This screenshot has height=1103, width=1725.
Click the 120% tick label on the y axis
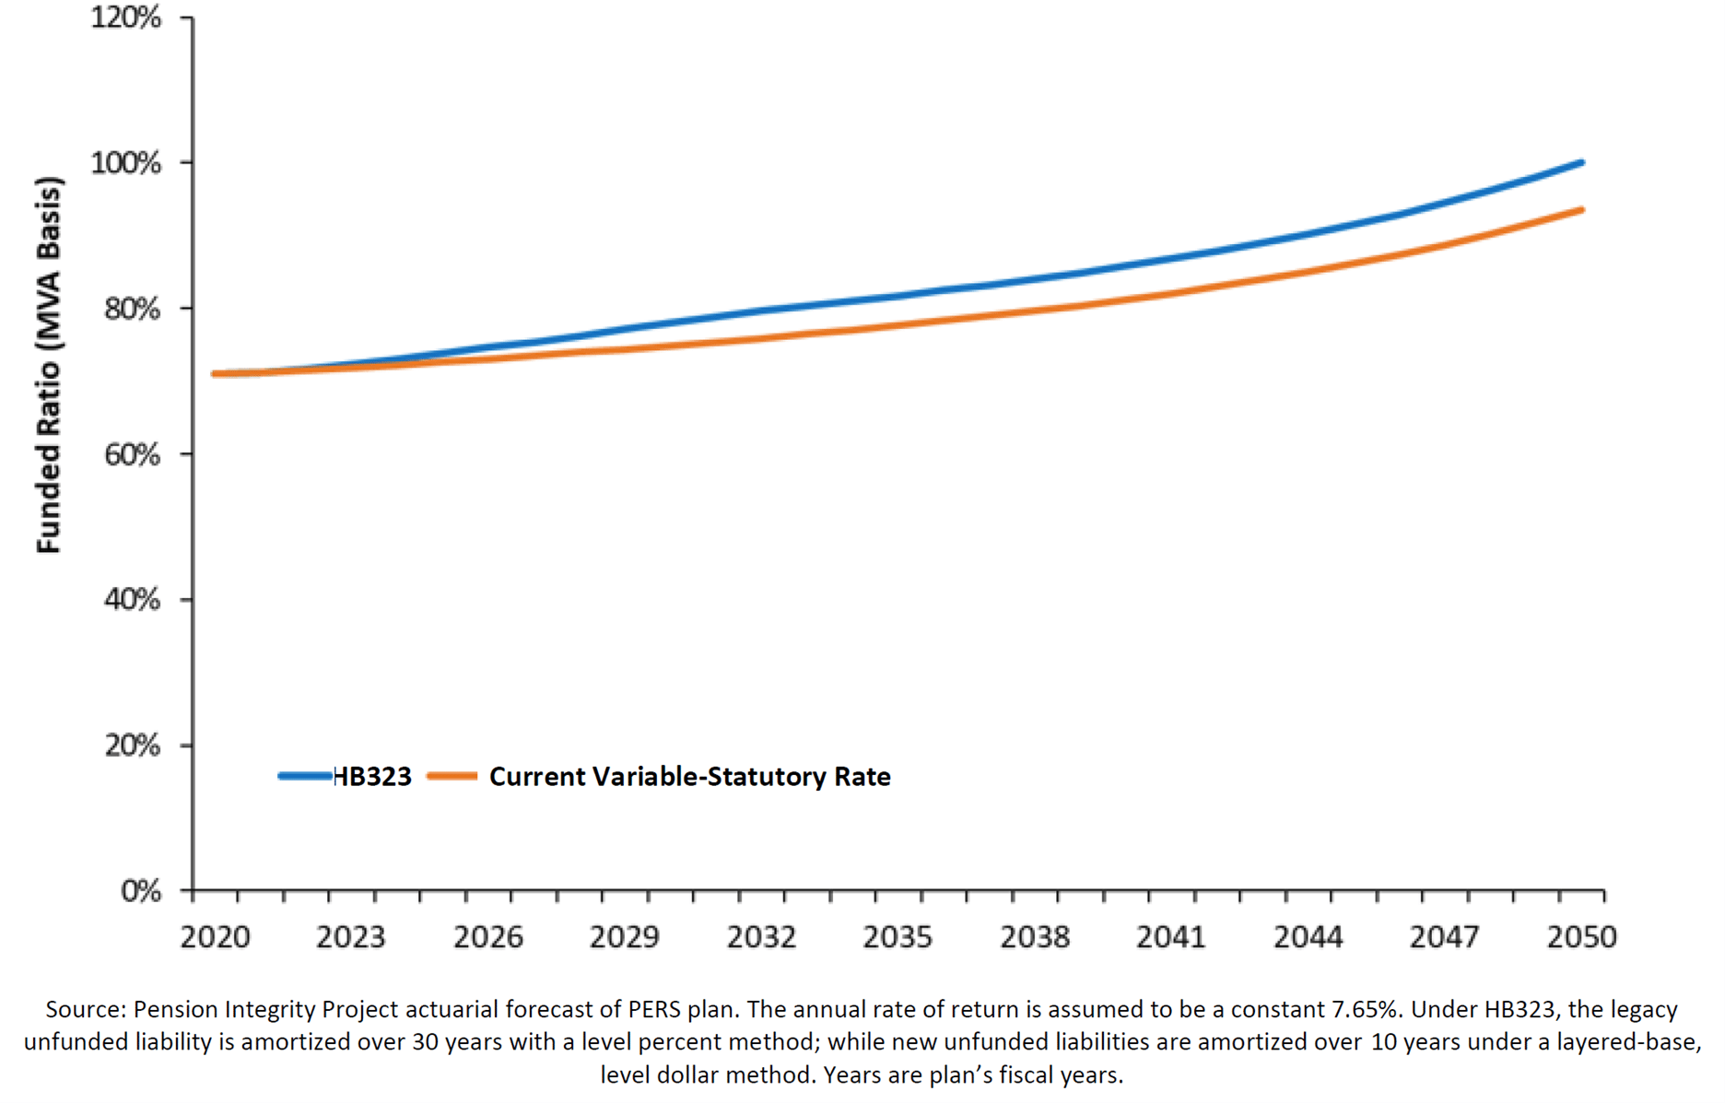[125, 18]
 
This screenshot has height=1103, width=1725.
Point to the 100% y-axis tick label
[125, 163]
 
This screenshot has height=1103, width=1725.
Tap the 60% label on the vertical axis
[132, 454]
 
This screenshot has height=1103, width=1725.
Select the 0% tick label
[141, 891]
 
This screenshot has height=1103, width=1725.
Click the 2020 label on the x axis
[215, 937]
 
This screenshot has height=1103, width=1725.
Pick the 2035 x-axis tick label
[898, 937]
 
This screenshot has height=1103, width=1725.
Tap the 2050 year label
[1581, 937]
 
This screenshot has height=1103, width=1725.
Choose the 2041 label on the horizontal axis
[1171, 937]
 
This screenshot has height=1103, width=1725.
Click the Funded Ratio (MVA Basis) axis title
[48, 365]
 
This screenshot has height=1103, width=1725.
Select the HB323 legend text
[372, 777]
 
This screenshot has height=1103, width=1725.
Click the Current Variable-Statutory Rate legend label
[689, 777]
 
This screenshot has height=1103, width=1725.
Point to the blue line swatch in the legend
[305, 777]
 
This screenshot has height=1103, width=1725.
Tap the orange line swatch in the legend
[452, 777]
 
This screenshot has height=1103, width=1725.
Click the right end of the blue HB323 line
[1581, 163]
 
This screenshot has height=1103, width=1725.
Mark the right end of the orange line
[1581, 210]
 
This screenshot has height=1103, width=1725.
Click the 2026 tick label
[487, 937]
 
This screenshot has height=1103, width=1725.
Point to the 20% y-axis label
[132, 745]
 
